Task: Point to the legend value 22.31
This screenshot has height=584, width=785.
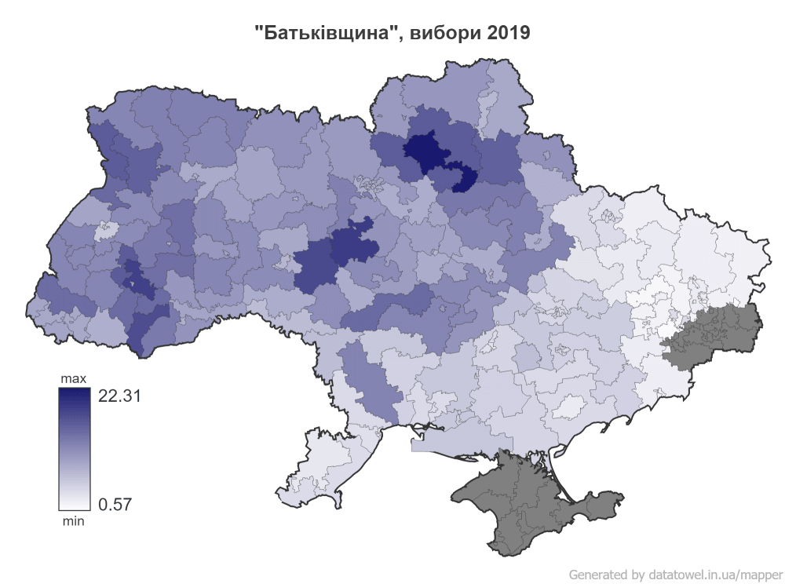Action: click(x=119, y=396)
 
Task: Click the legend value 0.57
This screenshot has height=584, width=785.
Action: click(x=115, y=504)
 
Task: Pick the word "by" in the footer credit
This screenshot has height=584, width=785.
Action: click(x=637, y=574)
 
